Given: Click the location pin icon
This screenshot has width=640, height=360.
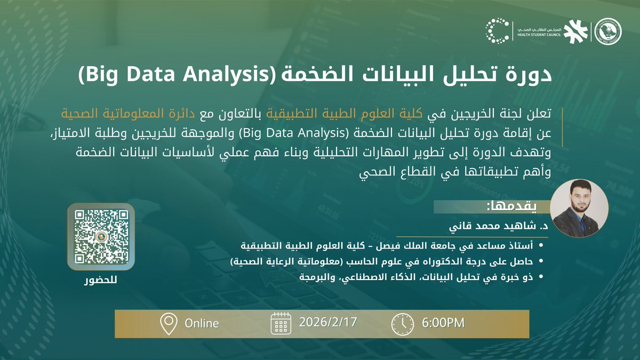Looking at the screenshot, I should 169,323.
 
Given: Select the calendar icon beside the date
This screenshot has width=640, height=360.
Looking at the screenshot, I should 281,323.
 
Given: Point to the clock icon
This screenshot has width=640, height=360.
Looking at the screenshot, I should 402,323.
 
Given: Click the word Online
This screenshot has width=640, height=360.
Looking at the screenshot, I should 202,323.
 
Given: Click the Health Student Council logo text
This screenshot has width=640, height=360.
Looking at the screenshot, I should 540,32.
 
